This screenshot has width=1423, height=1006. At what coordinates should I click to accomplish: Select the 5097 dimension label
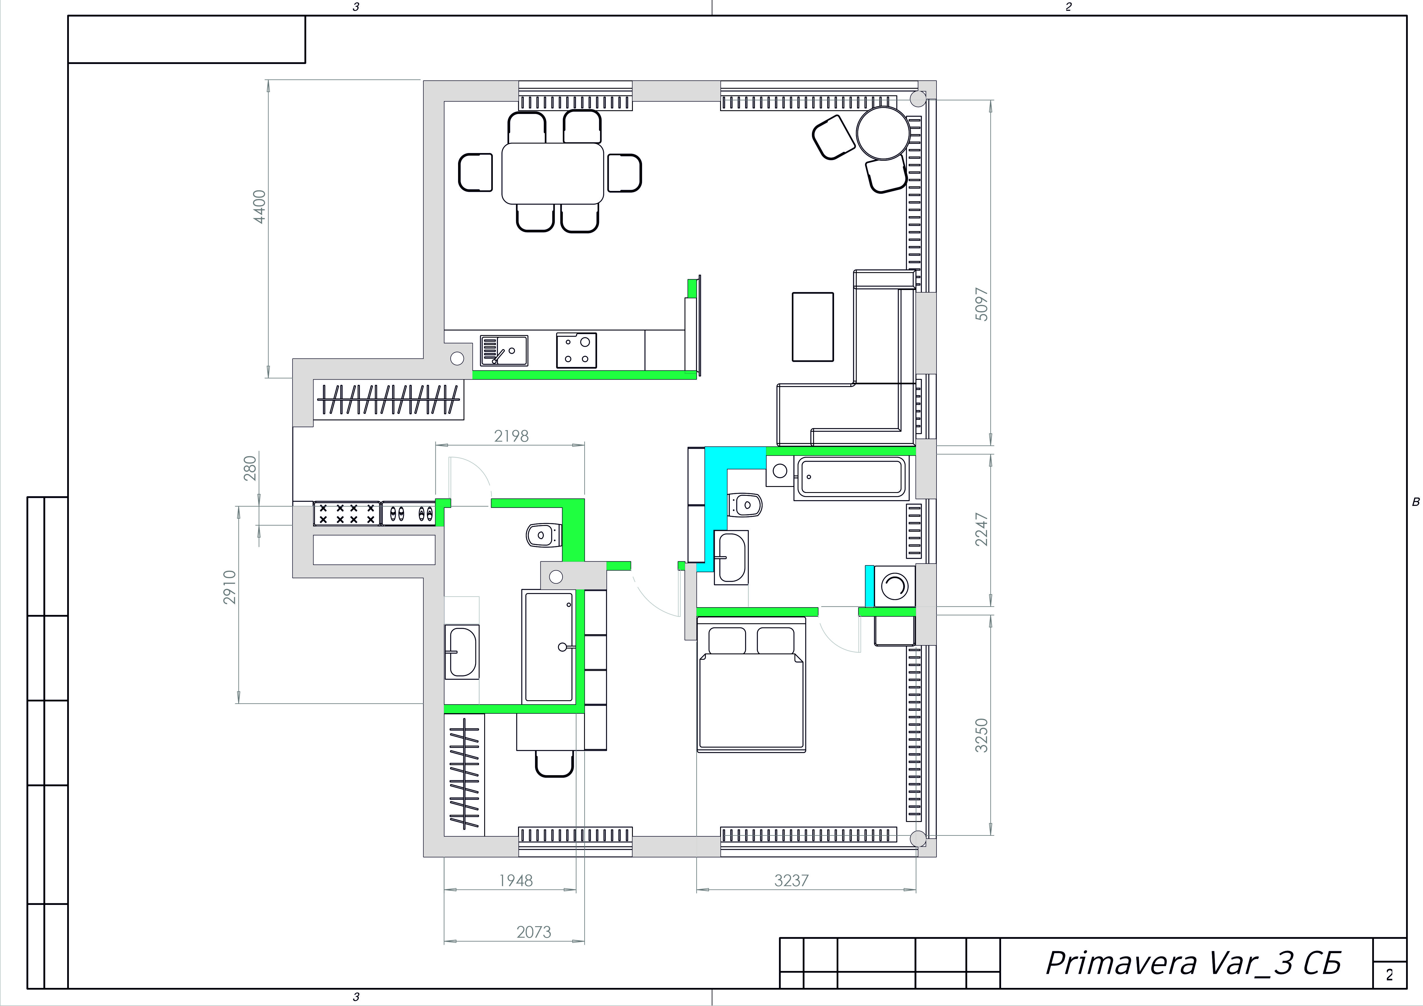[x=982, y=304]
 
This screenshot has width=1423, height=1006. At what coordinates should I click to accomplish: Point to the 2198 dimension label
[x=511, y=436]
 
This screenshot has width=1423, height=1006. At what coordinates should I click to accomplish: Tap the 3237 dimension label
[x=792, y=880]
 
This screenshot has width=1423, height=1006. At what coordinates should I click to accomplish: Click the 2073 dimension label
[x=534, y=932]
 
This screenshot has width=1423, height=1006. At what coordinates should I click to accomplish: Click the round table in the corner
[x=883, y=133]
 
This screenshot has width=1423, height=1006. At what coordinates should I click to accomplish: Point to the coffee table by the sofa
[x=813, y=327]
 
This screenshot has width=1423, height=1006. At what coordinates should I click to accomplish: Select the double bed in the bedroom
[x=751, y=684]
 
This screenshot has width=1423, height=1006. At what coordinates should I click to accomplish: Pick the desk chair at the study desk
[x=554, y=764]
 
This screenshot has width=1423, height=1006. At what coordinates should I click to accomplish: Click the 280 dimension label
[x=250, y=469]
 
